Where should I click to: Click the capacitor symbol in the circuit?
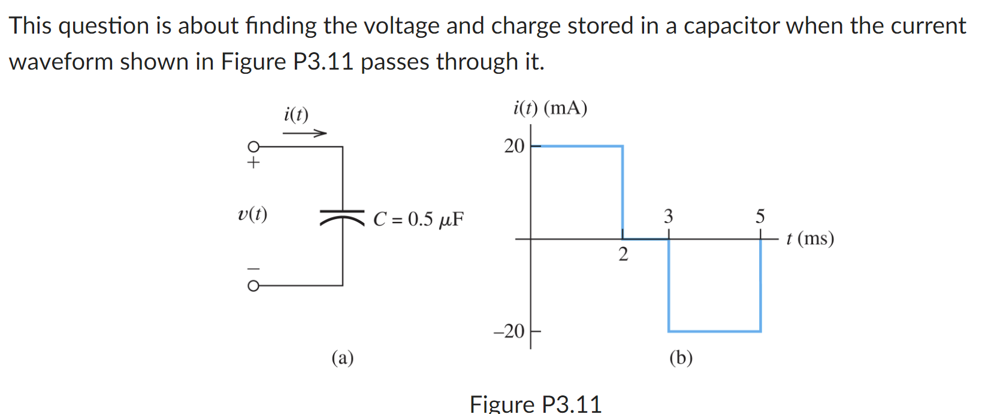click(x=342, y=217)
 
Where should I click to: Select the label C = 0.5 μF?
click(x=418, y=219)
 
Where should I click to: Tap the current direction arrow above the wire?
click(x=304, y=133)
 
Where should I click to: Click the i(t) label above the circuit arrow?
click(x=296, y=114)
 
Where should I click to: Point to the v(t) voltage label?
click(x=252, y=214)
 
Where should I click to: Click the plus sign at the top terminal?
click(x=254, y=163)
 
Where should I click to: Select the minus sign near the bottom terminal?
click(x=254, y=268)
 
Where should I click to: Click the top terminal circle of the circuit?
click(x=253, y=146)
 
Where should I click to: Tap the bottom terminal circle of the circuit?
click(x=253, y=286)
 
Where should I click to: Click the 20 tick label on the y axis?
click(x=514, y=146)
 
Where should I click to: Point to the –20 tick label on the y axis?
click(x=509, y=331)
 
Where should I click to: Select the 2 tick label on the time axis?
click(x=623, y=254)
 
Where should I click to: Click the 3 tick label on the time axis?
click(x=668, y=216)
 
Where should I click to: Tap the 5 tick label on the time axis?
click(x=760, y=216)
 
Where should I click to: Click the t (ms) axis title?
click(x=810, y=239)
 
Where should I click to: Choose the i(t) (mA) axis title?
click(x=550, y=108)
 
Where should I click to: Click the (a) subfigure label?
click(x=343, y=358)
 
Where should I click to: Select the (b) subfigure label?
click(x=681, y=358)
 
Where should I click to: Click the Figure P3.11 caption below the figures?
click(x=536, y=404)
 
